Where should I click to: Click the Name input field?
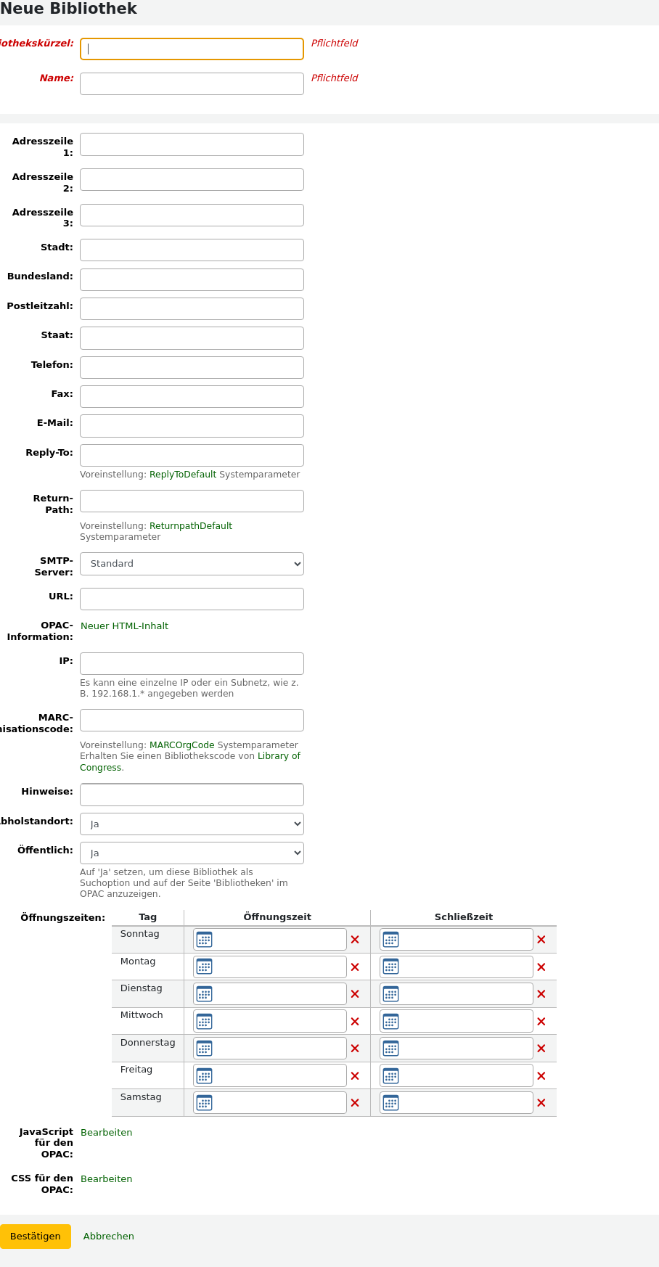point(192,83)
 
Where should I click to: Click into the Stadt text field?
point(192,250)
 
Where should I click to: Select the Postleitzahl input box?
point(192,308)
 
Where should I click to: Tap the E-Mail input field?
point(192,425)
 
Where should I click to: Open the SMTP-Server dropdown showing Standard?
point(192,564)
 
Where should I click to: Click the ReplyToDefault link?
point(183,475)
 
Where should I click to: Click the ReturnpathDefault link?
point(191,526)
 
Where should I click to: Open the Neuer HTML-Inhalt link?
point(124,626)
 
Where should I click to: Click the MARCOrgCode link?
point(182,745)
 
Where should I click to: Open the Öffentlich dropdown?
point(192,853)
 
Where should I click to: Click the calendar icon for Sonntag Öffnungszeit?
point(205,940)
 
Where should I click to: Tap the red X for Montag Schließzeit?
point(541,967)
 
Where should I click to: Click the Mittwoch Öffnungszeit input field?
point(279,1021)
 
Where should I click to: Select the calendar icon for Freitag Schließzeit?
point(390,1075)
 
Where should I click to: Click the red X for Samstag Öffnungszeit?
point(355,1103)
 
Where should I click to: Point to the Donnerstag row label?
point(147,1043)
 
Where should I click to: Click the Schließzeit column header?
point(463,917)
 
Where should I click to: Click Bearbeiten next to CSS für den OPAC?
point(107,1179)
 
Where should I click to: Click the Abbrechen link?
point(109,1237)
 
